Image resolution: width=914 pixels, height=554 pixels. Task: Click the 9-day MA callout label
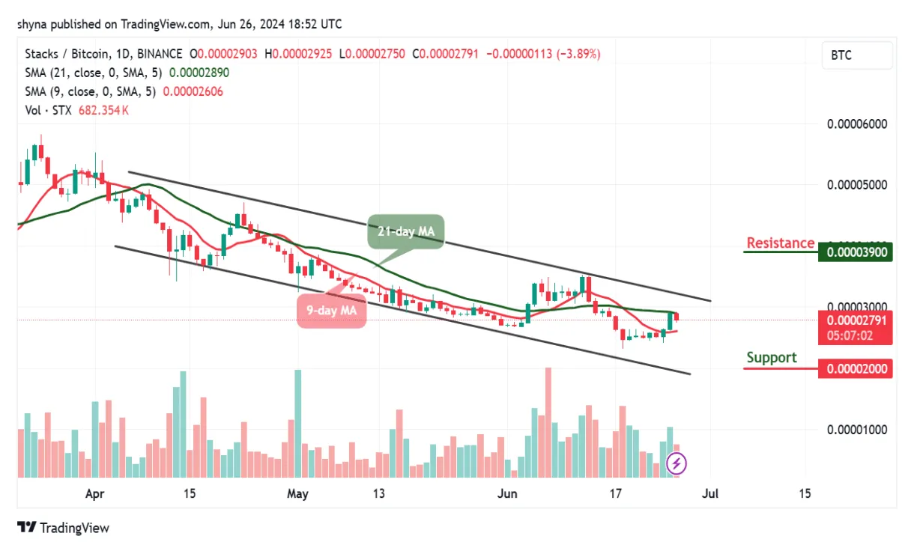[331, 309]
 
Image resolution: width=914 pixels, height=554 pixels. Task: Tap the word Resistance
[780, 243]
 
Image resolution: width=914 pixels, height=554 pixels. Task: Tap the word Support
[771, 358]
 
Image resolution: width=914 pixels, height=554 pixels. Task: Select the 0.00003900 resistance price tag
[855, 252]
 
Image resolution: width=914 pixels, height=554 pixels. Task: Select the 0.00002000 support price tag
[855, 368]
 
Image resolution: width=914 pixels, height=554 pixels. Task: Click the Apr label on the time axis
[94, 494]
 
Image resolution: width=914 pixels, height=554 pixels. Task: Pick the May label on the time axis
[297, 494]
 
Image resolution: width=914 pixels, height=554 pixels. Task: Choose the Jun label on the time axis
[508, 494]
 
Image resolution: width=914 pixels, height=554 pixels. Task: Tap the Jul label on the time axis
[710, 494]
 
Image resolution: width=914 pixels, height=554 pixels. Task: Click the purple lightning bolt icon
[677, 464]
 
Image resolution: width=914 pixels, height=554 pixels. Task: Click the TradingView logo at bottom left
[64, 528]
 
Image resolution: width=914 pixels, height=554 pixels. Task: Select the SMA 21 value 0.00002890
[199, 73]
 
